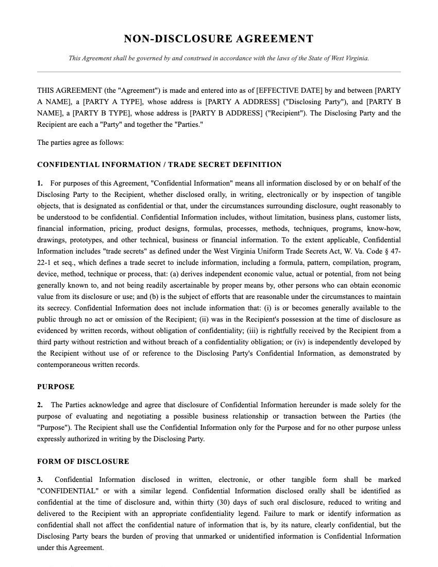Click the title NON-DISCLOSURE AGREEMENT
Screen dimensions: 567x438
click(x=218, y=39)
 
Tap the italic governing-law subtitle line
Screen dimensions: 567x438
click(x=218, y=58)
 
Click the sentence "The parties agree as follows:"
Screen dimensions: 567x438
click(x=80, y=142)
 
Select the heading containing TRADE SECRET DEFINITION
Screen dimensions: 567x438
click(x=159, y=165)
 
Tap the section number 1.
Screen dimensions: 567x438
click(x=40, y=183)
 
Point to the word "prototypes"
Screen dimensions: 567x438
click(x=82, y=240)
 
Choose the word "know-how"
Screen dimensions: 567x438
click(x=383, y=228)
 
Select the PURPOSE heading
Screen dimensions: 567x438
click(x=56, y=387)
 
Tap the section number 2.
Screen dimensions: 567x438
click(x=40, y=405)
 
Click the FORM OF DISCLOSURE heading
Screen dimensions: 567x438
click(x=83, y=461)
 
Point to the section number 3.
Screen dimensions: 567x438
click(x=40, y=479)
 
